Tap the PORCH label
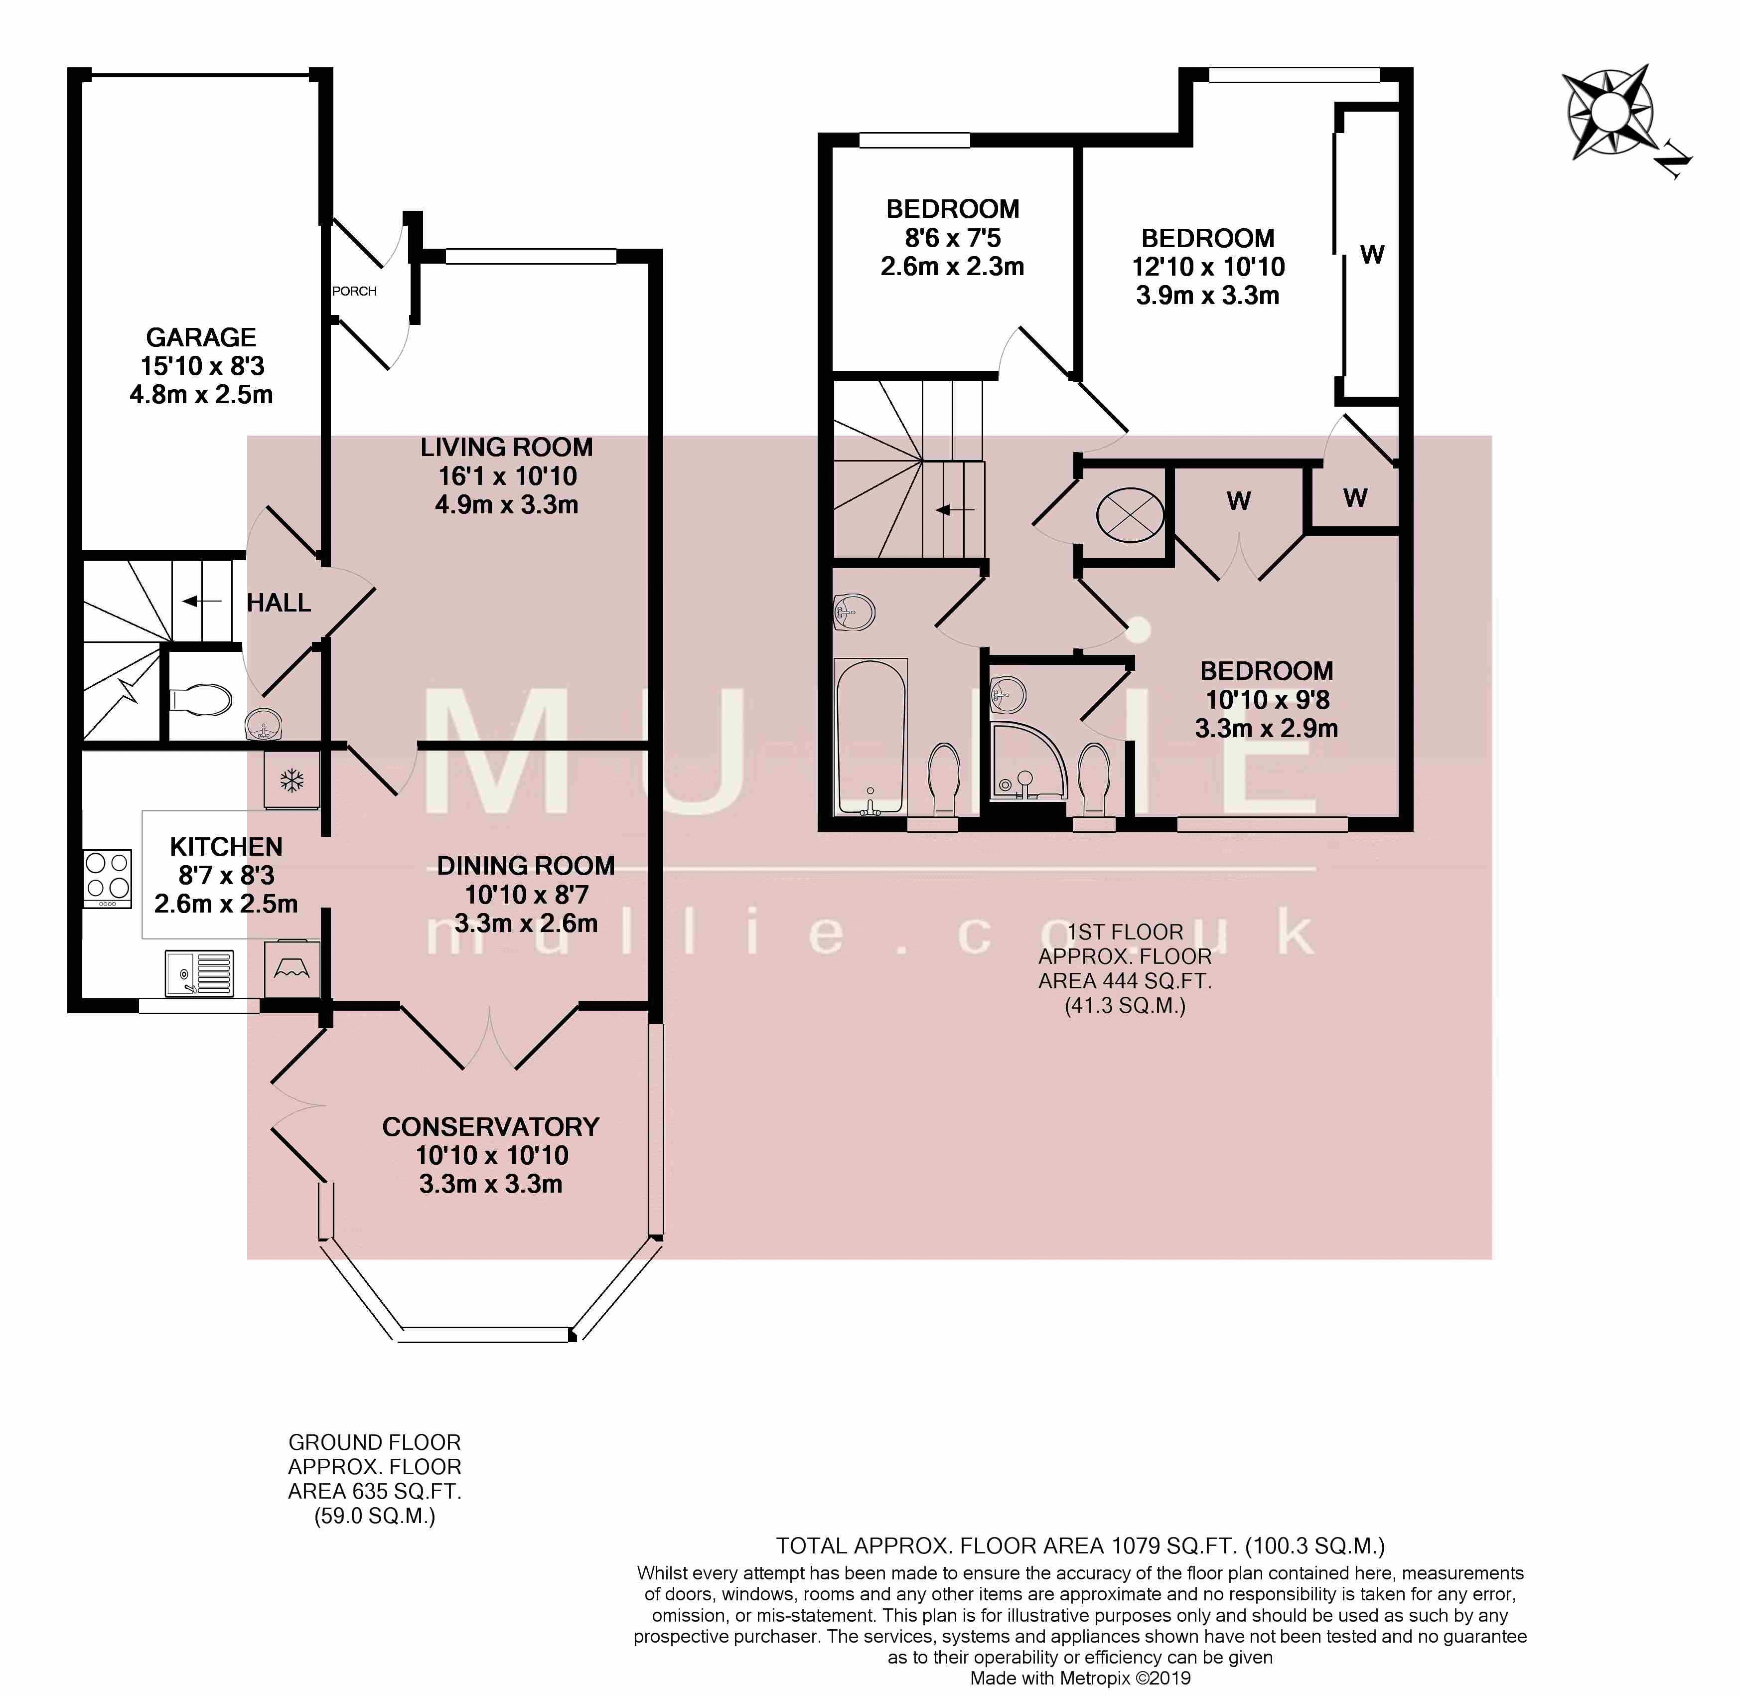[354, 291]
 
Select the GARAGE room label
[201, 337]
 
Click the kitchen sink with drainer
[199, 973]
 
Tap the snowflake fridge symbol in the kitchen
[292, 781]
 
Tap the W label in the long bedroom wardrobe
[1372, 256]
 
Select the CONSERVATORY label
[491, 1127]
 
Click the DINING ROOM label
[525, 866]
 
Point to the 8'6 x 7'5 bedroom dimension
[953, 238]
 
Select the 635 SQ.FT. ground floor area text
[375, 1491]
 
